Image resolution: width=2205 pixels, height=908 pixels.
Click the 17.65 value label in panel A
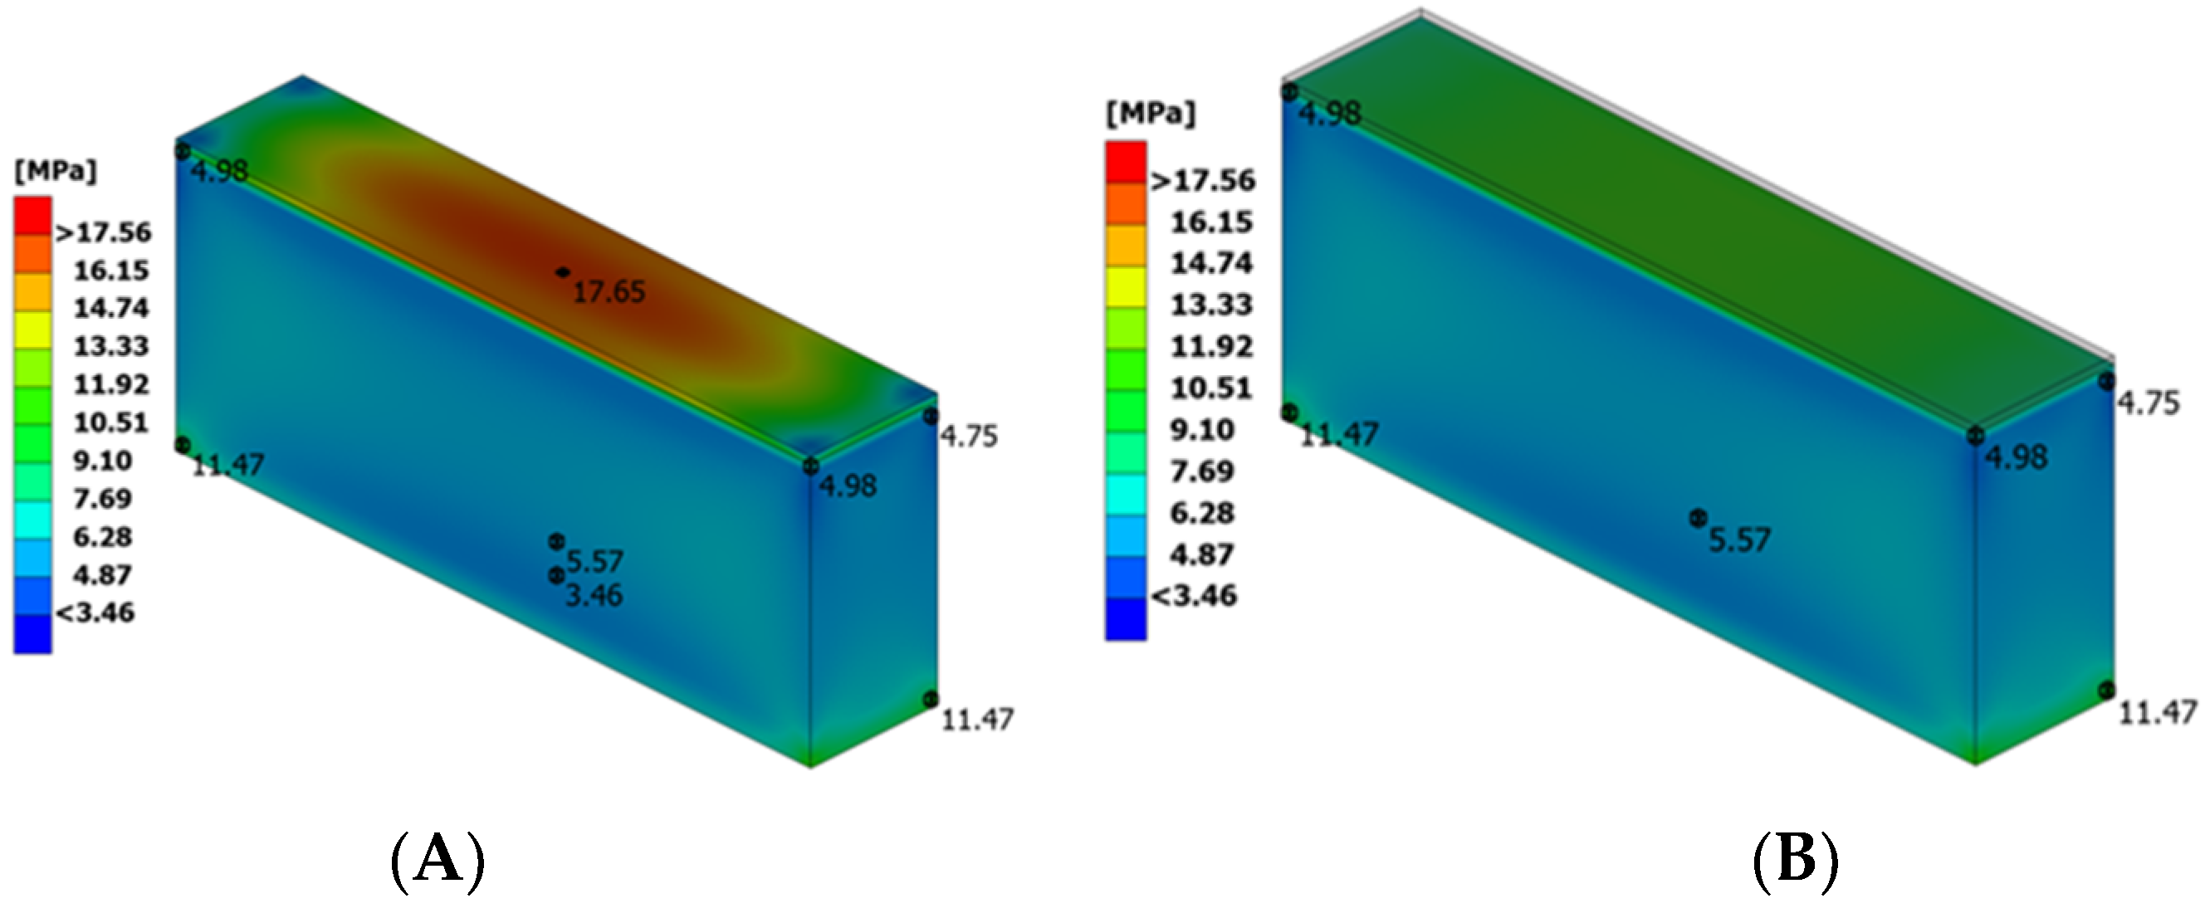609,293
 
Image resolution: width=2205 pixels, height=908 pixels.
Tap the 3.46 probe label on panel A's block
594,595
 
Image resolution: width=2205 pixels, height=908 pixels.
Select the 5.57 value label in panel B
1739,541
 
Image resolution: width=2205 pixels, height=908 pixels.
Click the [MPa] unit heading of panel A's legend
56,171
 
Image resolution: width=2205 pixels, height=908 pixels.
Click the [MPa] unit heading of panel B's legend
1151,114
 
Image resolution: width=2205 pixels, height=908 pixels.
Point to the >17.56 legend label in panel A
104,232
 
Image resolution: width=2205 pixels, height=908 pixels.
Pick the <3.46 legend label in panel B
1195,596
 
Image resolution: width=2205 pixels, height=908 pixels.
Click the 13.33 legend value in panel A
111,347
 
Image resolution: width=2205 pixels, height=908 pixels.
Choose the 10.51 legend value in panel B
1211,388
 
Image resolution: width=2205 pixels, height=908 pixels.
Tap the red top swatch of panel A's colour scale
32,215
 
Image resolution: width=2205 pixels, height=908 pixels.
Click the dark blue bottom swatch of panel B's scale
1126,618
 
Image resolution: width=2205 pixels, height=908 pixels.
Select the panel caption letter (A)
438,862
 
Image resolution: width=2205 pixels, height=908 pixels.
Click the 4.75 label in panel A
969,437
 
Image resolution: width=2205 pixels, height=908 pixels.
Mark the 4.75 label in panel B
2149,404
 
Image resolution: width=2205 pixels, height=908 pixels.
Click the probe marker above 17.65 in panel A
562,272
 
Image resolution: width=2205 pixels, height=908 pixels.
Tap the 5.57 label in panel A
594,562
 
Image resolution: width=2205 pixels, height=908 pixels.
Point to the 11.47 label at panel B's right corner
2157,713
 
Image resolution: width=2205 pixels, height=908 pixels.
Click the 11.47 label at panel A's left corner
227,466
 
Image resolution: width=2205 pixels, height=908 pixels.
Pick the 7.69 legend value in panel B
1202,471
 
